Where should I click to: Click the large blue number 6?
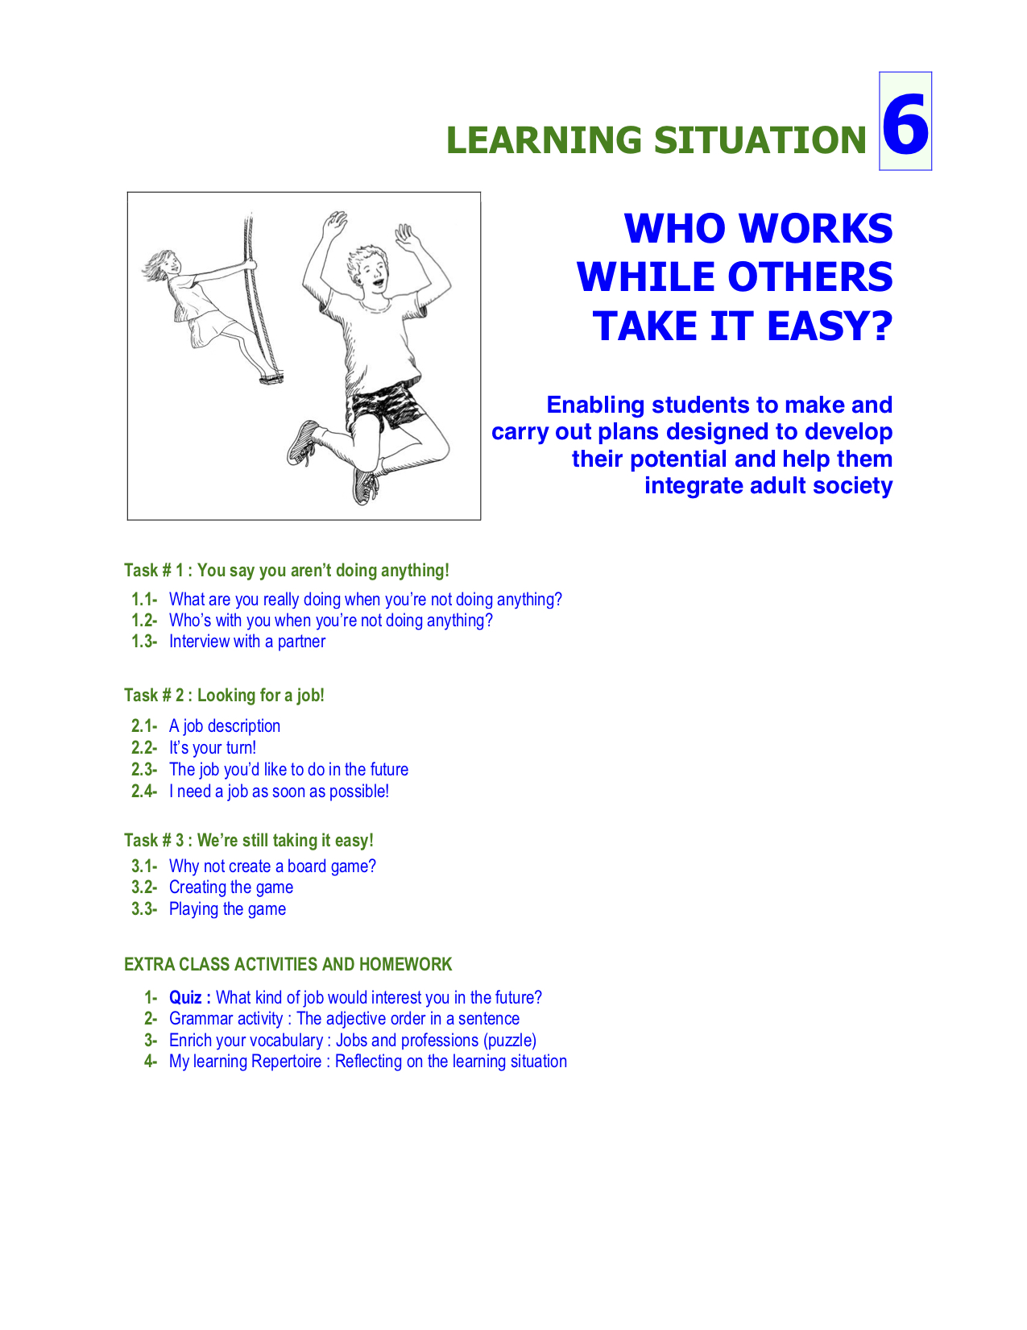tap(905, 125)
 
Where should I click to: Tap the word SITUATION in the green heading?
tap(760, 140)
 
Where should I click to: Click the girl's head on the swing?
tap(165, 265)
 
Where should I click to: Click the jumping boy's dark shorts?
tap(385, 406)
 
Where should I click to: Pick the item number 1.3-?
tap(144, 642)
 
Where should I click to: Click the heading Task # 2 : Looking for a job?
tap(224, 696)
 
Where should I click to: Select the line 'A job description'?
tap(225, 726)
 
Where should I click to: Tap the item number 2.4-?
tap(144, 792)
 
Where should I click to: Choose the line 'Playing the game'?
tap(227, 909)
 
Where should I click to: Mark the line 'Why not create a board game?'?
tap(272, 866)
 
